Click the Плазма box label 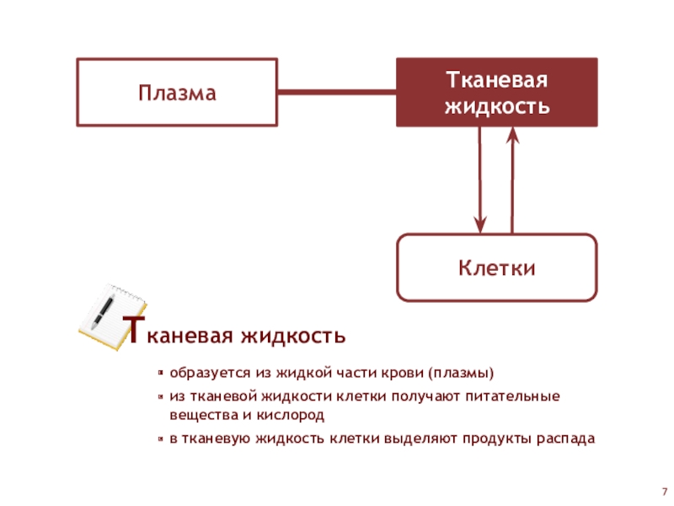click(x=178, y=93)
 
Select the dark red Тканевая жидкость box click(x=497, y=93)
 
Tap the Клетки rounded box click(x=497, y=268)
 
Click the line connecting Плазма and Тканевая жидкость click(x=337, y=92)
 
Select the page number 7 click(x=664, y=492)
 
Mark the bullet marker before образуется click(x=160, y=373)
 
